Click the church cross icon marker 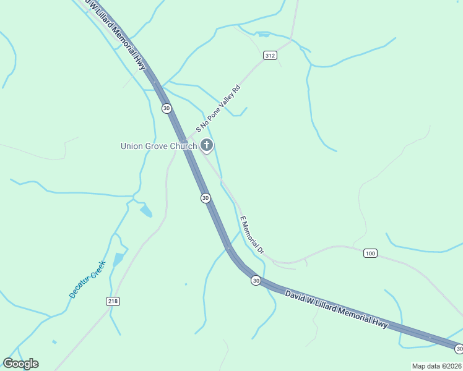[207, 146]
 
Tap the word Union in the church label [131, 147]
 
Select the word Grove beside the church [157, 147]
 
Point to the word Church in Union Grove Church [184, 147]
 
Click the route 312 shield [269, 56]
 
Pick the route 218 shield [112, 301]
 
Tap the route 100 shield [370, 253]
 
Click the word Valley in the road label [227, 101]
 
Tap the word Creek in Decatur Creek [99, 267]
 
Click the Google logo [20, 364]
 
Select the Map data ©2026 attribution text [436, 366]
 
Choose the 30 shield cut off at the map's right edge [459, 349]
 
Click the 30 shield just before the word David [256, 281]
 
